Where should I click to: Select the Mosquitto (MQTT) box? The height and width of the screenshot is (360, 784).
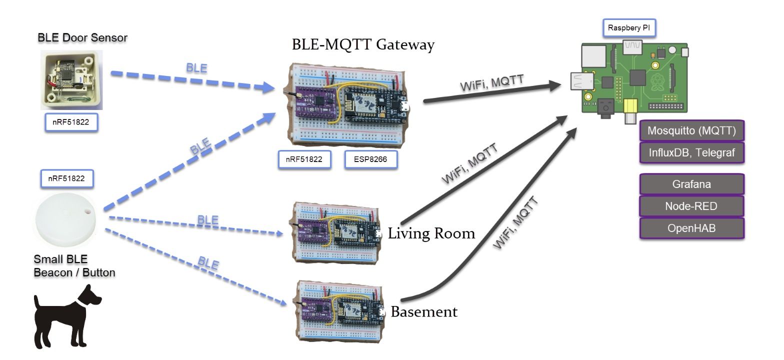point(692,131)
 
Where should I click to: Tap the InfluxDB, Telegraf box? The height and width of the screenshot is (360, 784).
point(692,153)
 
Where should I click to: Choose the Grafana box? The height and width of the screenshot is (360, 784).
point(692,184)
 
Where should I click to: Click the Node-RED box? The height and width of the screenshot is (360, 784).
point(692,206)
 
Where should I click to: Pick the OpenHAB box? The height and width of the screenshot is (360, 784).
point(692,228)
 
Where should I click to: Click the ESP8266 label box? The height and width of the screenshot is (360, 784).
point(370,159)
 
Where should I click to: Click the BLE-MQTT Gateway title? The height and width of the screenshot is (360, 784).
point(363,44)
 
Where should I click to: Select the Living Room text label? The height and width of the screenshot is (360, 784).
point(431,233)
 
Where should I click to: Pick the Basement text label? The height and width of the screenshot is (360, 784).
point(424,312)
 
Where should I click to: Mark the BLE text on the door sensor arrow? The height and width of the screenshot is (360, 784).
point(196,68)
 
